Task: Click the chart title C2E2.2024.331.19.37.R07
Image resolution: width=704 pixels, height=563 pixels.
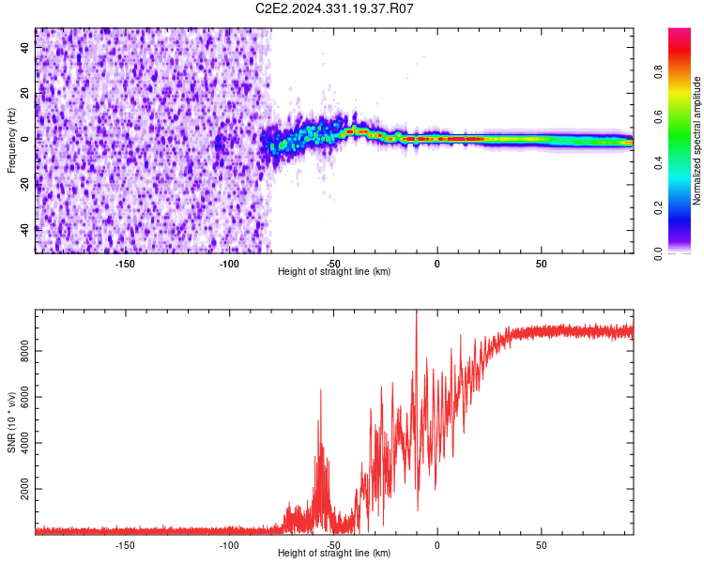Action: coord(335,8)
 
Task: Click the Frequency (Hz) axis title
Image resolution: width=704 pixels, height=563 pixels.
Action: coord(11,141)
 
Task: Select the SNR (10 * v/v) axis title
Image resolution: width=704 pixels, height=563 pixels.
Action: coord(11,423)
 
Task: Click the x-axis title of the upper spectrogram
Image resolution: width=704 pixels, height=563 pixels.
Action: coord(334,272)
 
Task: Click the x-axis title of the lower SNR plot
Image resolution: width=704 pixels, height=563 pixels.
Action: coord(334,554)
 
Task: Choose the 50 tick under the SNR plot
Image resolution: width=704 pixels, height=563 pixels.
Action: coord(541,544)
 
